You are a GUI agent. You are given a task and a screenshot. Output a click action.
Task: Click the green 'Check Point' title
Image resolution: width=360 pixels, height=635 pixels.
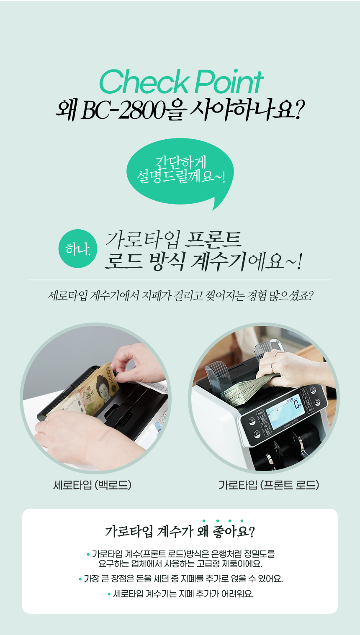pos(181,82)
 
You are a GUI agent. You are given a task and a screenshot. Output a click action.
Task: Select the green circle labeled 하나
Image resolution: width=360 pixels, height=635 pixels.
pos(78,248)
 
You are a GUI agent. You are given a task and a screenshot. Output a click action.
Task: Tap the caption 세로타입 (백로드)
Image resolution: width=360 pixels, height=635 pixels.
pos(92,485)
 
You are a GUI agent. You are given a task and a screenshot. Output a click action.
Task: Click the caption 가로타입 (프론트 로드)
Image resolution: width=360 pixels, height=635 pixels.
pos(269,485)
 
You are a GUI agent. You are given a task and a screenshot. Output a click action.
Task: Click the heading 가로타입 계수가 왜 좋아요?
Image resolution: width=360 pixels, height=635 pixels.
pos(180,531)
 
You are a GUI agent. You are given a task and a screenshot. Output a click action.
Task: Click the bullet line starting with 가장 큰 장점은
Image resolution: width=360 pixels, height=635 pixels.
pos(180,579)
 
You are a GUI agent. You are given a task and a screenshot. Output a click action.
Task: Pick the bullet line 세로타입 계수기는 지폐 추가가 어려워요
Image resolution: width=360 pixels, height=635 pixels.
pos(180,594)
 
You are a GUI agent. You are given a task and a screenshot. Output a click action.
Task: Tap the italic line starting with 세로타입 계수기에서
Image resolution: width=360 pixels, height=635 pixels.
pos(180,296)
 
